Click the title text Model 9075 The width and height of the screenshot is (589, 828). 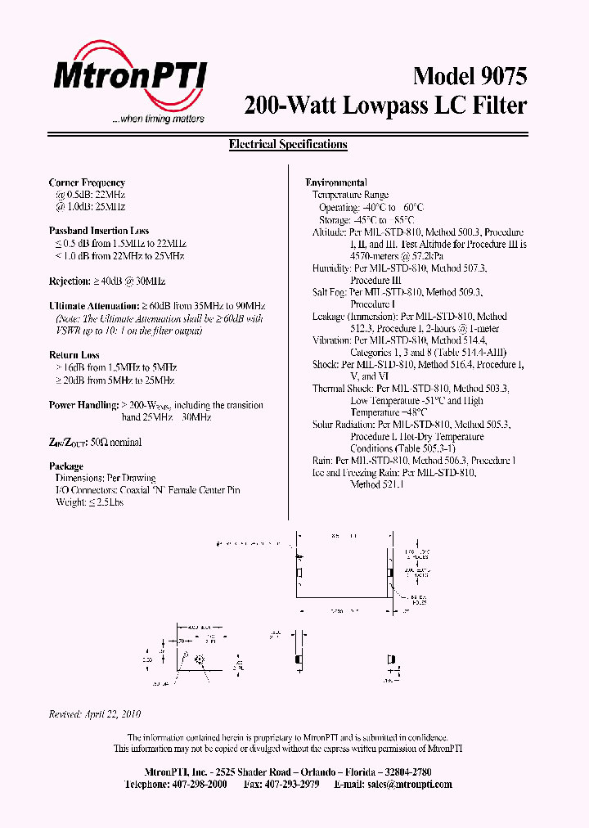(x=470, y=76)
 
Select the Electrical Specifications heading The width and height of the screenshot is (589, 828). (x=288, y=145)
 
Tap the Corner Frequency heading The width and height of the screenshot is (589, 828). (x=87, y=182)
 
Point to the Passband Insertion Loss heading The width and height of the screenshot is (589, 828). (x=99, y=232)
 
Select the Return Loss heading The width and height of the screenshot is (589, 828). (x=74, y=355)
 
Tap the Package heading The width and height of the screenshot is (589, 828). (x=66, y=466)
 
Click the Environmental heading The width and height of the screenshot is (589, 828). (x=336, y=182)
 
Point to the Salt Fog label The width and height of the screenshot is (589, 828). (x=330, y=292)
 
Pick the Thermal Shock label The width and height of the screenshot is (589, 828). (x=342, y=389)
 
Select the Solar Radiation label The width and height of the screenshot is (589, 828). (x=344, y=425)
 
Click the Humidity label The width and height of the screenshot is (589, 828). (x=331, y=268)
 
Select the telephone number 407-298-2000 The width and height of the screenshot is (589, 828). (x=200, y=784)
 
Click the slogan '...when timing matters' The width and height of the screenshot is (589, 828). (x=158, y=119)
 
